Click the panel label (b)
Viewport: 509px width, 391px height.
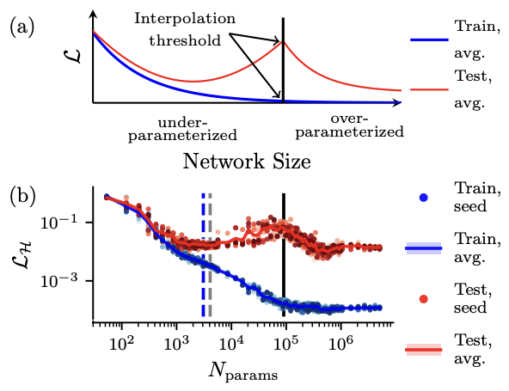point(22,196)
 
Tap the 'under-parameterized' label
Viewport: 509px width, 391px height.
point(188,126)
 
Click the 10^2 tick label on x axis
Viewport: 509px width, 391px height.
point(121,342)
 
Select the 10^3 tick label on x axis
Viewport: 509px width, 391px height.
point(176,342)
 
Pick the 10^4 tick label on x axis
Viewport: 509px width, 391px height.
point(230,342)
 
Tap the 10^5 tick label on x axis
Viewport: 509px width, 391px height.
point(285,342)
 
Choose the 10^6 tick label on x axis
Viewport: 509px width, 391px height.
point(340,342)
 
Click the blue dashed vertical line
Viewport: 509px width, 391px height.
point(203,258)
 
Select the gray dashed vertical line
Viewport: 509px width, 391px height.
point(211,258)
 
